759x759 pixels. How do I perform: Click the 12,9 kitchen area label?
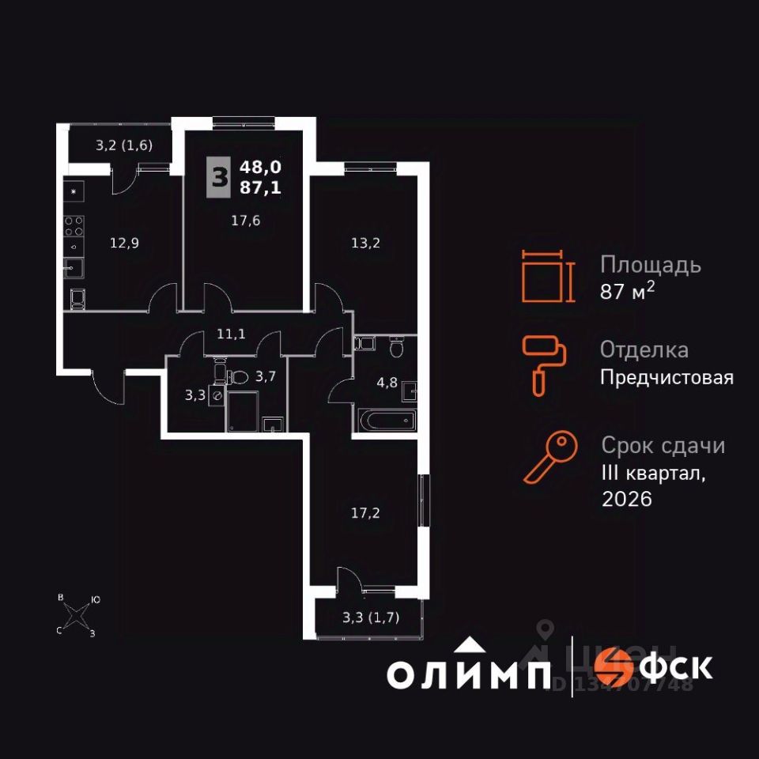[x=124, y=244]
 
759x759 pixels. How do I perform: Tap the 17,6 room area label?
[x=246, y=221]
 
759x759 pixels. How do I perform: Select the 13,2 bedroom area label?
[x=366, y=243]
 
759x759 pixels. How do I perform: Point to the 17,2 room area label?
[x=365, y=513]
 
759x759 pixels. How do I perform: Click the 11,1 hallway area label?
[x=231, y=334]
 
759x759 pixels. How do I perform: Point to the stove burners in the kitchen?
[x=74, y=226]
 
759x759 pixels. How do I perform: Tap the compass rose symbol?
[x=77, y=615]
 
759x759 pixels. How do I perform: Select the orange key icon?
[x=545, y=458]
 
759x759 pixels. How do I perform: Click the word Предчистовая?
[x=666, y=378]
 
